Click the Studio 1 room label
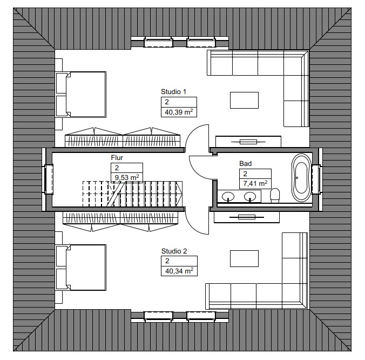click(173, 91)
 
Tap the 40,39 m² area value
click(179, 112)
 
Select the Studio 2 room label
click(174, 251)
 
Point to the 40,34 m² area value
click(179, 271)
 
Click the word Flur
click(117, 157)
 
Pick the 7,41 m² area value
click(255, 183)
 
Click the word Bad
click(245, 164)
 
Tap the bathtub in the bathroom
click(301, 177)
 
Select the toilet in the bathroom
click(275, 195)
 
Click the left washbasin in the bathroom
click(228, 196)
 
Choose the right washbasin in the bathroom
click(250, 196)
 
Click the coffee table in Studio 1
click(244, 100)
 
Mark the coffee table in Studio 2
click(244, 258)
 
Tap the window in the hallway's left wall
click(49, 179)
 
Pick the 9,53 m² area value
click(127, 177)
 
